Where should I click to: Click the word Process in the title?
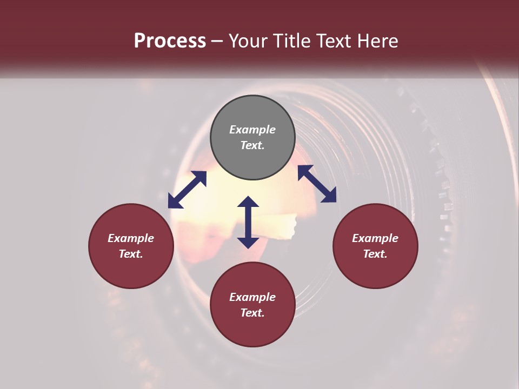[x=170, y=41]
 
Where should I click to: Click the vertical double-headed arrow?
[x=248, y=222]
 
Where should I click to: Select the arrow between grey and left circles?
[x=187, y=190]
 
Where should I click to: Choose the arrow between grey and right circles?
[x=317, y=184]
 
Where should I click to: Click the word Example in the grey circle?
[x=252, y=130]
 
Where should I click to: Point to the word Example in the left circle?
[x=131, y=238]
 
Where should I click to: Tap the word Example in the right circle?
[x=375, y=238]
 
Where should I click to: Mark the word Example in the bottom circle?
[x=252, y=297]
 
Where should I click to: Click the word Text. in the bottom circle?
[x=252, y=313]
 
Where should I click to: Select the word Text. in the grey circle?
[x=252, y=145]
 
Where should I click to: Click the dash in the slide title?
[x=217, y=41]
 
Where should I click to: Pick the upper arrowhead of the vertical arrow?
[x=248, y=203]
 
